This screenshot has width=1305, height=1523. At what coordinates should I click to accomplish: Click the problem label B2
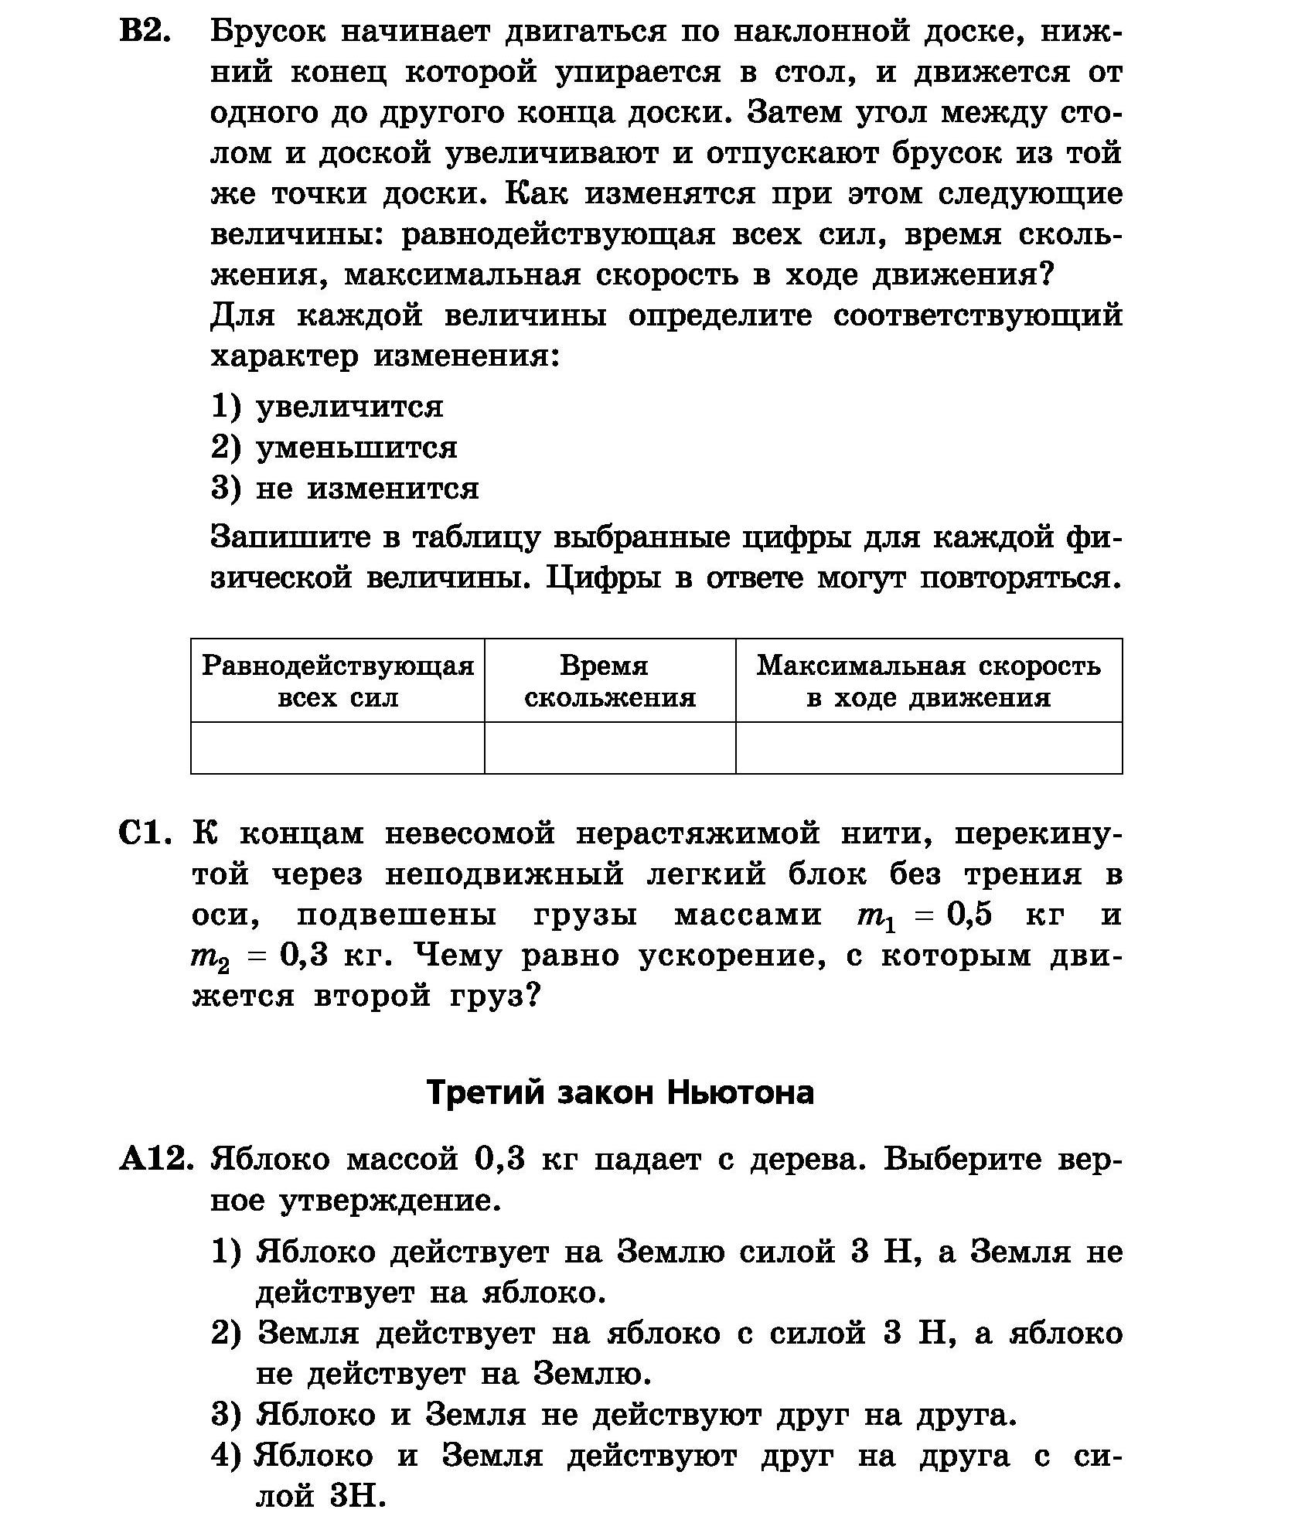(145, 32)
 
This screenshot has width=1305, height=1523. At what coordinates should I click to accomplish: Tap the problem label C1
(145, 834)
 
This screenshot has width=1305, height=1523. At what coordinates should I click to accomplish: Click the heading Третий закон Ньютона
(620, 1092)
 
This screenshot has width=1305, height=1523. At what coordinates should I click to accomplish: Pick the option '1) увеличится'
(327, 407)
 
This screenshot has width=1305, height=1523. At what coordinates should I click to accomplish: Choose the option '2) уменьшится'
(334, 448)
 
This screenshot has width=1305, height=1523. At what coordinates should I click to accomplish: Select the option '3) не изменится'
(345, 489)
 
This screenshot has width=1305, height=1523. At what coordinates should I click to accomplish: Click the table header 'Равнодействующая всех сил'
(338, 681)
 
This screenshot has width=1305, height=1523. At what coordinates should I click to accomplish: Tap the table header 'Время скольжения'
(610, 681)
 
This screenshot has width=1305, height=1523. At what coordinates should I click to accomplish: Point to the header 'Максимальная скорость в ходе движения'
(928, 681)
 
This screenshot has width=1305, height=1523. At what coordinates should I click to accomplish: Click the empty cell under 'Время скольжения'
(610, 748)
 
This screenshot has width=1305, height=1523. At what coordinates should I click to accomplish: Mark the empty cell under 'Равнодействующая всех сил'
(338, 748)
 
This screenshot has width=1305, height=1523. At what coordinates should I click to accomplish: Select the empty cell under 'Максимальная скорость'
(928, 748)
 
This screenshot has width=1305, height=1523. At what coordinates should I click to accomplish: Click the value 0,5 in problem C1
(969, 915)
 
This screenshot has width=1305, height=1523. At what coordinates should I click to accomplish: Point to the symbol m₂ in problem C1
(210, 958)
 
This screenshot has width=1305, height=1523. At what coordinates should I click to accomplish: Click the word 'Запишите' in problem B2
(290, 537)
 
